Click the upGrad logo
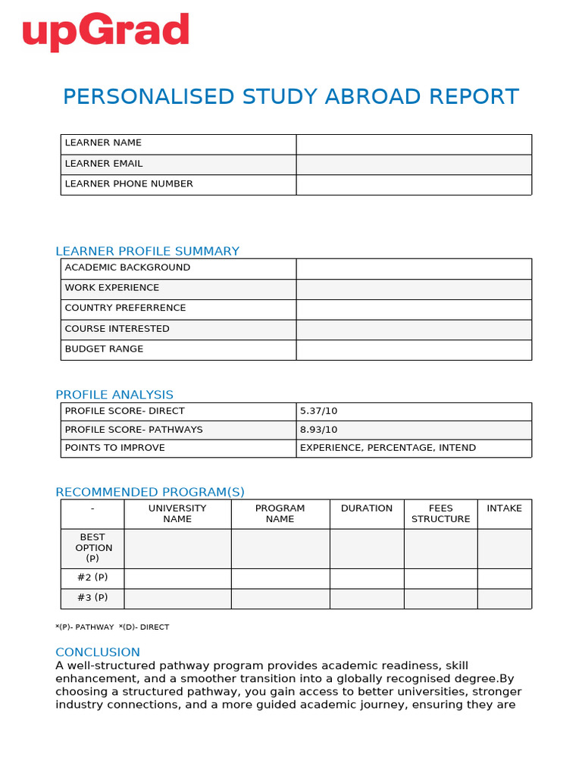[x=105, y=31]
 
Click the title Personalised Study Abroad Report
[x=291, y=97]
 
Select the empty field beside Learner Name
[x=414, y=144]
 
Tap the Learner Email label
[x=104, y=164]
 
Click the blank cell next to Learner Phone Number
[x=414, y=184]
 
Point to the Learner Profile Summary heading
[x=148, y=251]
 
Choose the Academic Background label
[x=127, y=268]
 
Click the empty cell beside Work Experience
[x=414, y=289]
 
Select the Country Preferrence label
[x=125, y=308]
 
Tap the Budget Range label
[x=104, y=349]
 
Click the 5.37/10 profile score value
[x=319, y=411]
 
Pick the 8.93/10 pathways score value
[x=319, y=430]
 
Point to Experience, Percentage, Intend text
[x=388, y=448]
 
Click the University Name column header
[x=177, y=514]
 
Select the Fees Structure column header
[x=440, y=514]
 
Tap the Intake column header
[x=504, y=508]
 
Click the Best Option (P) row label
[x=93, y=548]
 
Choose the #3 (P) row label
[x=92, y=597]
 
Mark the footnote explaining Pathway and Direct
[x=112, y=627]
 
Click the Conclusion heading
[x=98, y=652]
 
